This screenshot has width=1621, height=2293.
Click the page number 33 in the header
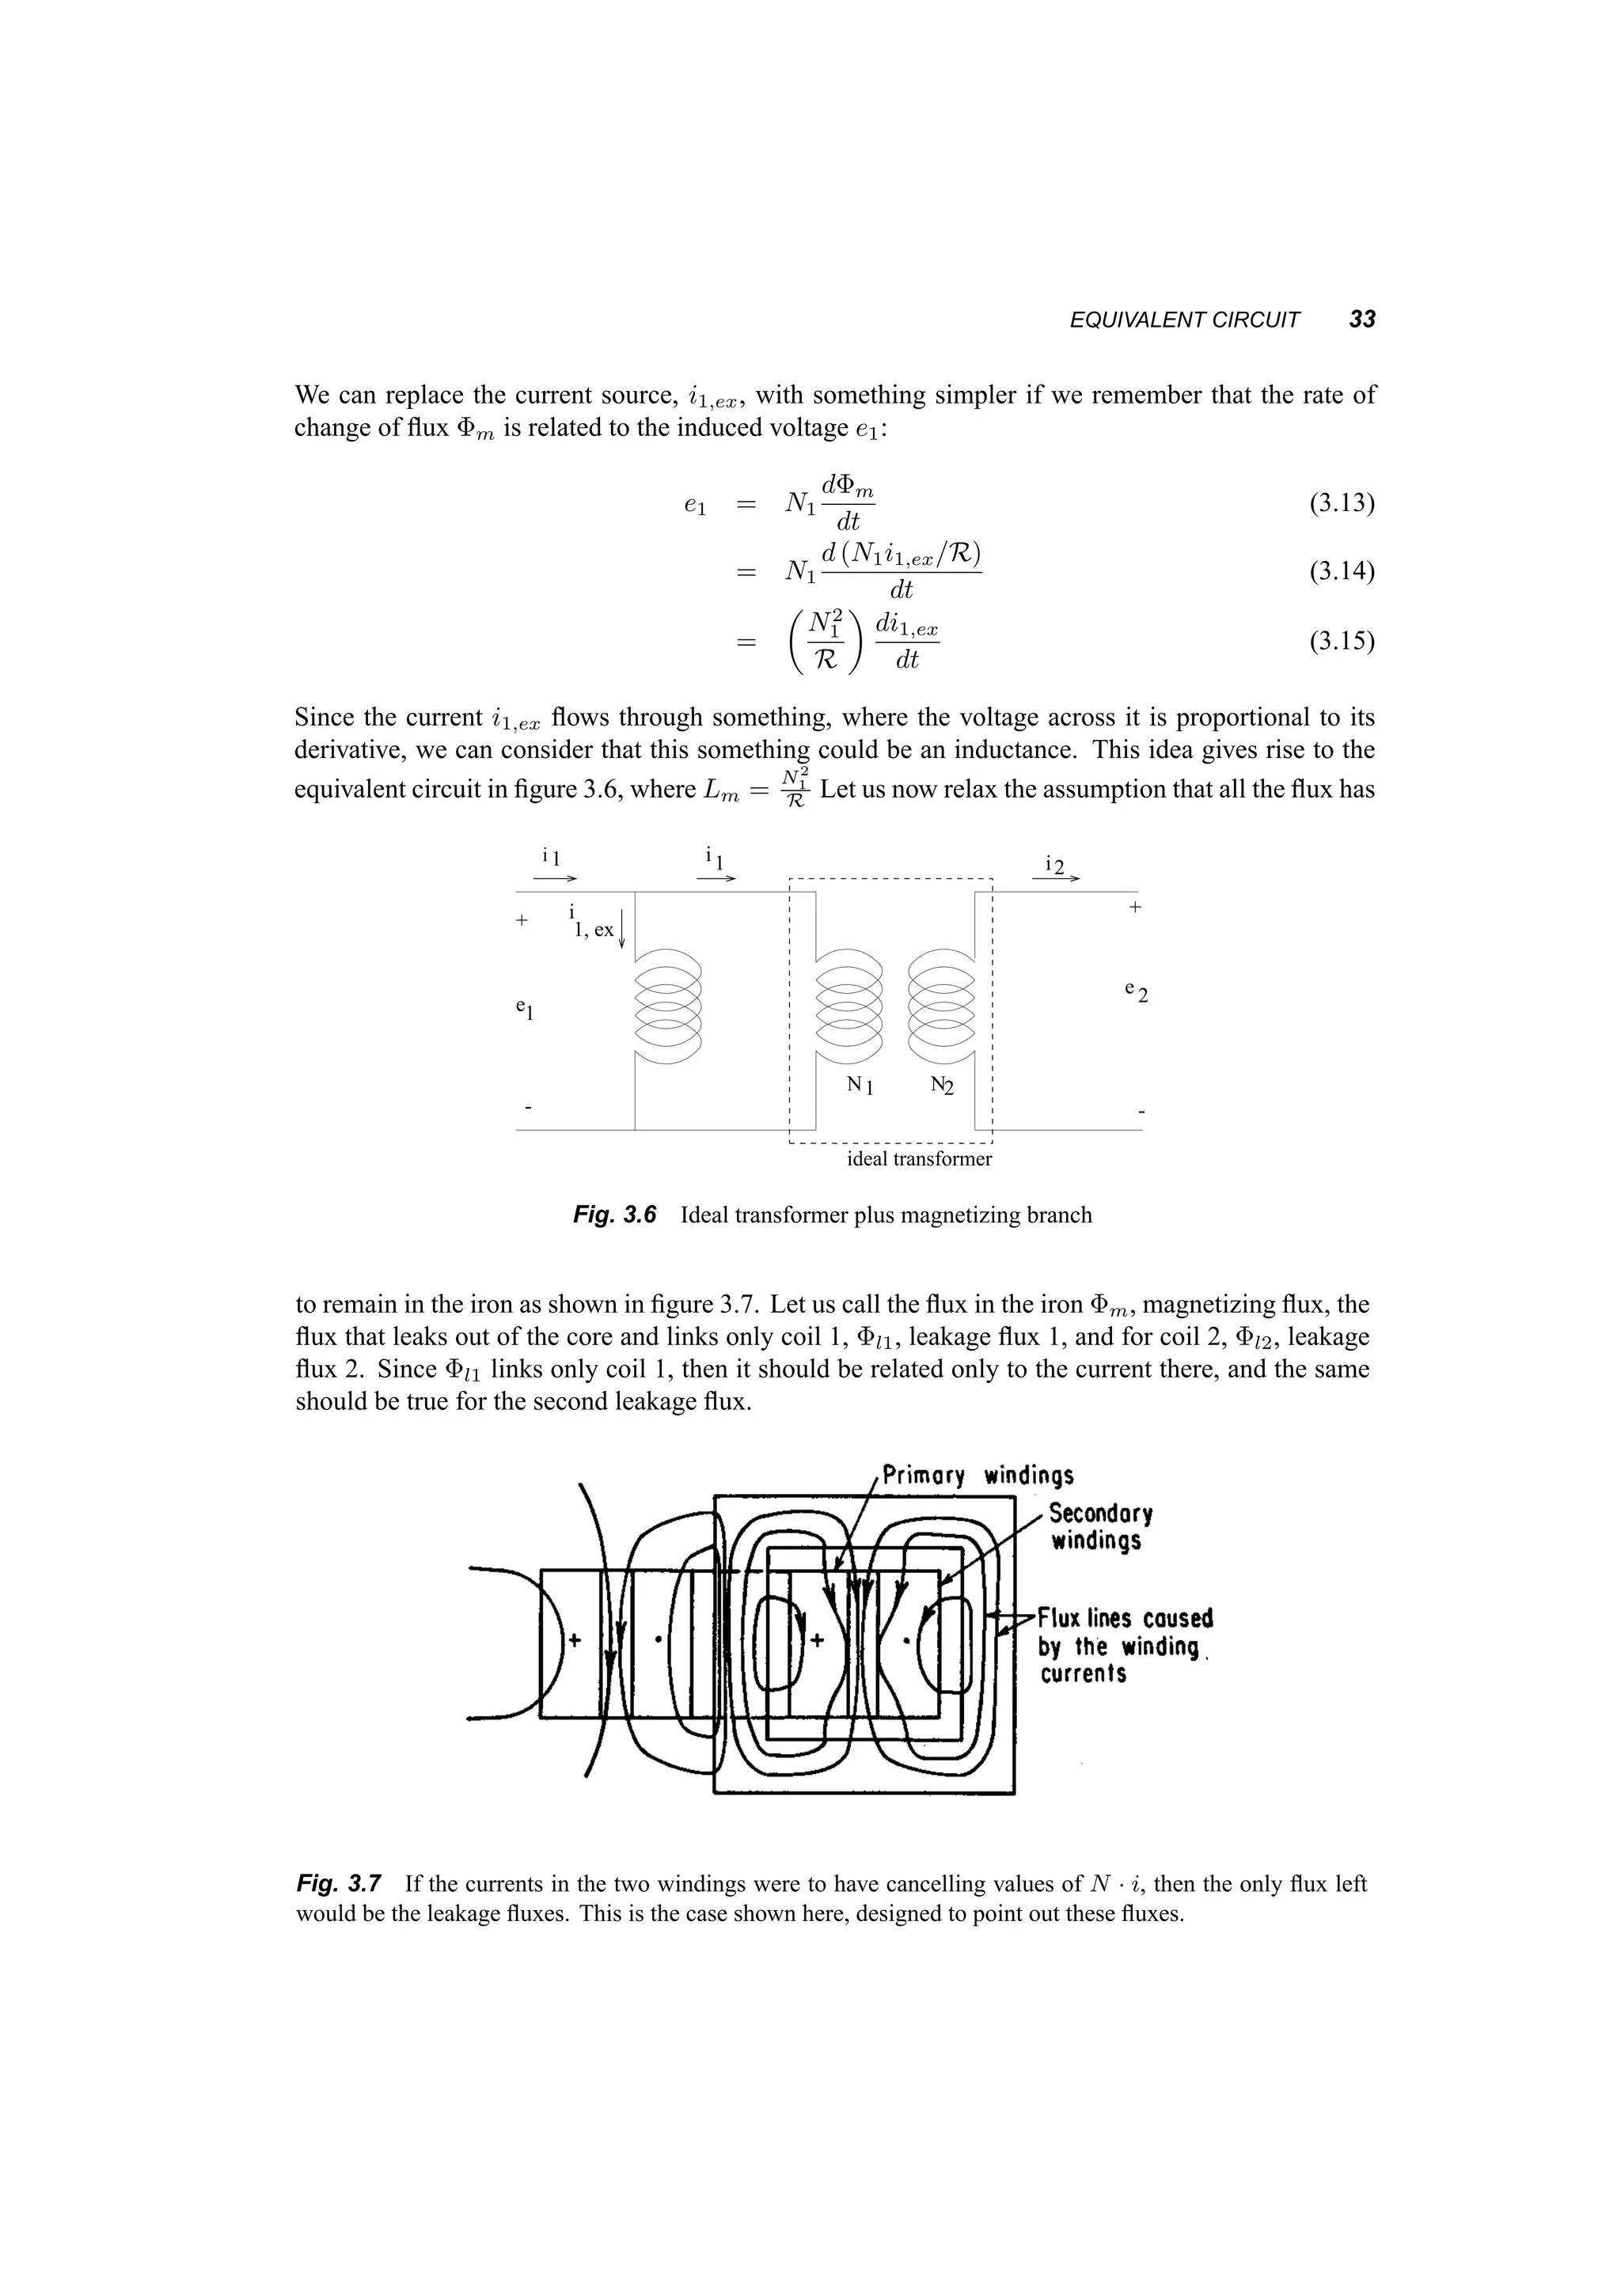[1361, 320]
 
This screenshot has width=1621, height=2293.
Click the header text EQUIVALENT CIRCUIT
[1185, 320]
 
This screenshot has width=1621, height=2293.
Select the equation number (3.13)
[1342, 502]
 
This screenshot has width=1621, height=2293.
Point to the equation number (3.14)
[1342, 571]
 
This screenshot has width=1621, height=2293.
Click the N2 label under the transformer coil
[941, 1085]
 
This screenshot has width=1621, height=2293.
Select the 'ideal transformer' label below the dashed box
[919, 1158]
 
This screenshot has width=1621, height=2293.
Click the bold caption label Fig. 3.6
[614, 1215]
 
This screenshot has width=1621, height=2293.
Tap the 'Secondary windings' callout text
[1099, 1527]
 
